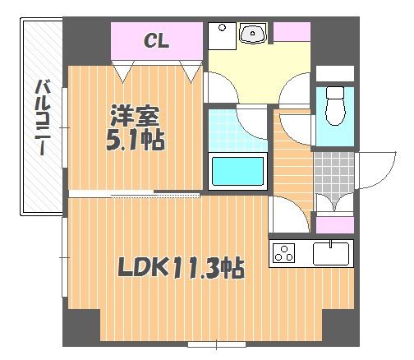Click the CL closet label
point(156,41)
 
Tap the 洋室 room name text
point(135,116)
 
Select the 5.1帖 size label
point(136,141)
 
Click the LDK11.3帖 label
point(181,267)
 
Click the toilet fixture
point(335,106)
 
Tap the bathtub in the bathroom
point(237,171)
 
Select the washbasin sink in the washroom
point(253,33)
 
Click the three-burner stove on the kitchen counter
point(283,253)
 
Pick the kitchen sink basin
point(331,253)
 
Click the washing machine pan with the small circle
point(222,36)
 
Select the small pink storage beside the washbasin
point(292,32)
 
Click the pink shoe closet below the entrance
point(335,225)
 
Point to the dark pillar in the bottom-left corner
point(81,328)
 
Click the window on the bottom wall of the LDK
point(217,344)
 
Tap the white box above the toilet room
point(335,73)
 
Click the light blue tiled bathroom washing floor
point(237,130)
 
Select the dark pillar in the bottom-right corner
point(341,328)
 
